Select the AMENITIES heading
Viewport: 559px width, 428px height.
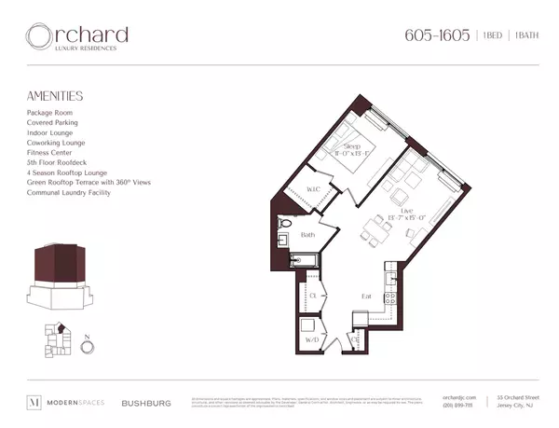55,96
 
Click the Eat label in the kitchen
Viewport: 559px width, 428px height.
368,297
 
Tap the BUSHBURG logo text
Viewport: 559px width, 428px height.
145,404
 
